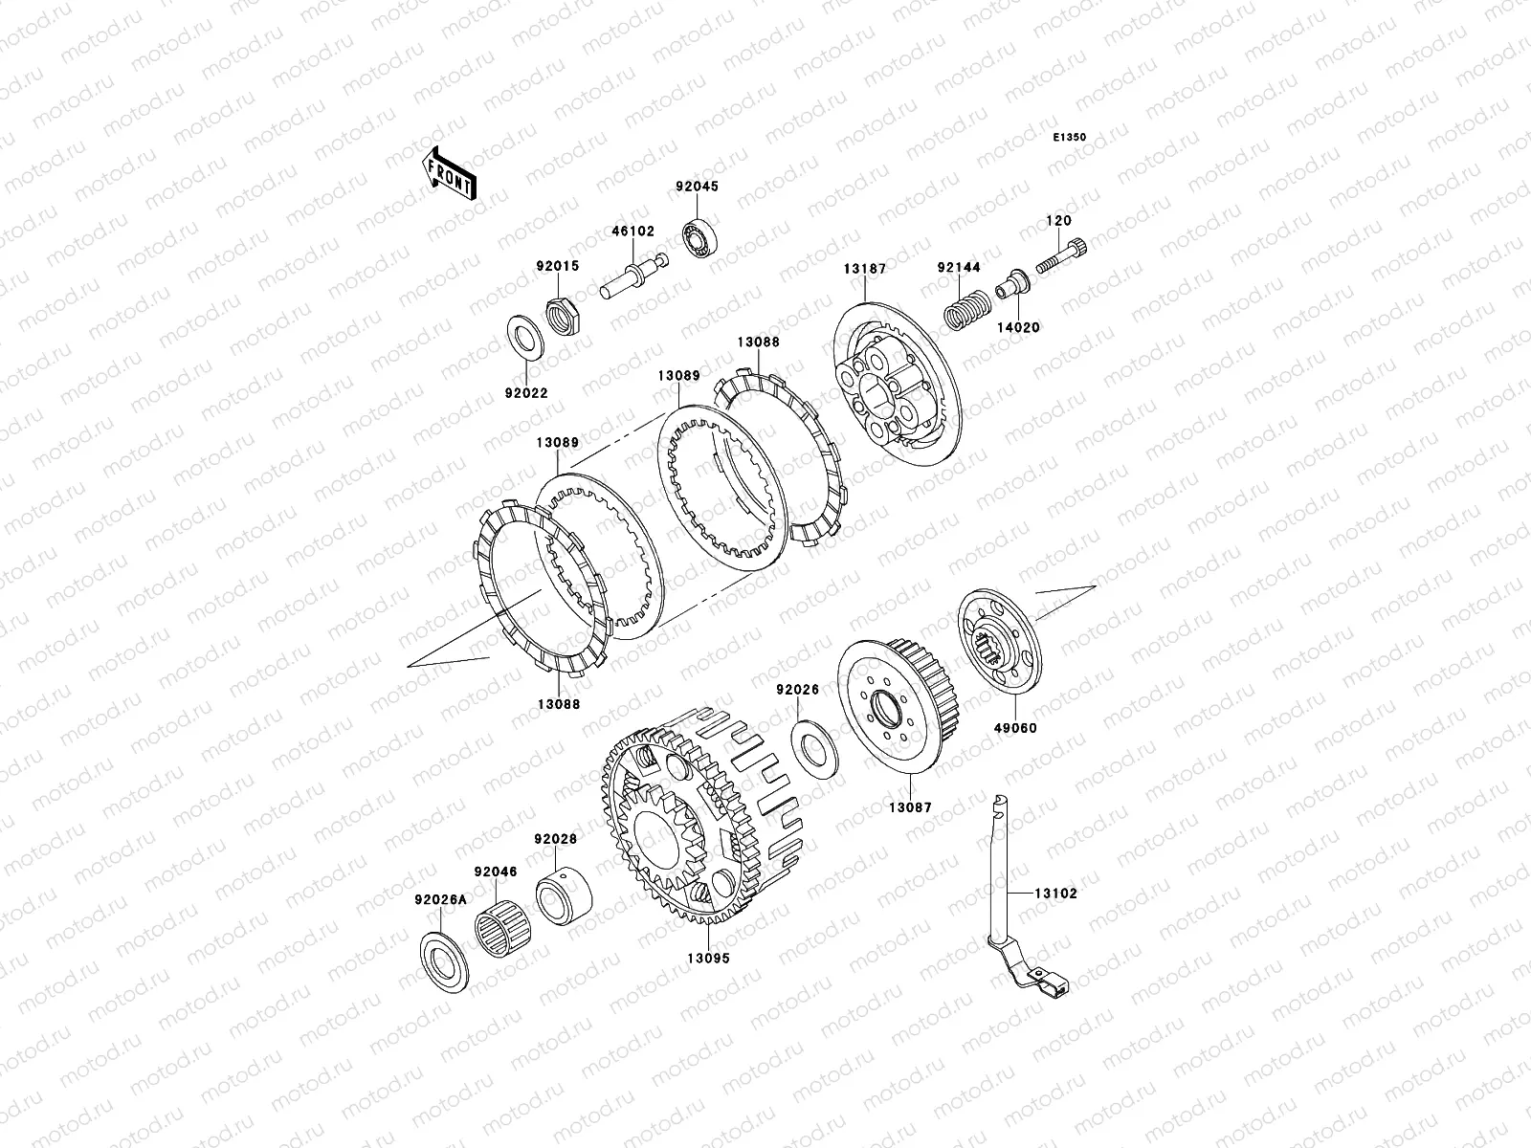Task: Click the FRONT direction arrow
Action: click(x=449, y=173)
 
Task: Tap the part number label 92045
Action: click(x=697, y=187)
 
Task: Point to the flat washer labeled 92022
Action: click(x=525, y=338)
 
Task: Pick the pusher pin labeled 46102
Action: click(x=634, y=276)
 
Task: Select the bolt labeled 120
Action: click(x=1061, y=255)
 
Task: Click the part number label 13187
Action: click(x=865, y=269)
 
